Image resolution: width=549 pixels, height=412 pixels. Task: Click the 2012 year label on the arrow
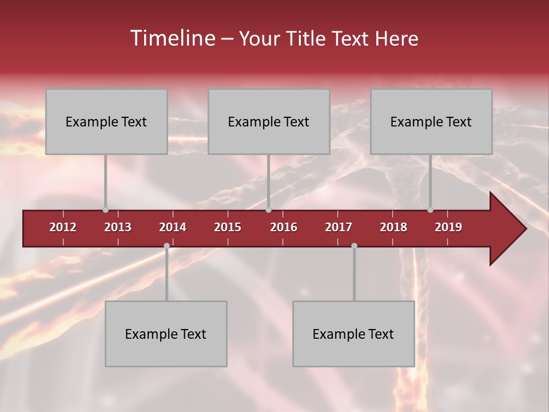click(63, 227)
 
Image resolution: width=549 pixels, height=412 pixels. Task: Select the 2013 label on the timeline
click(118, 227)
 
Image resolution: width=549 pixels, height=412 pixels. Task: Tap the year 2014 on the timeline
click(173, 227)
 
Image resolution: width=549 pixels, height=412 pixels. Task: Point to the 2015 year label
click(228, 227)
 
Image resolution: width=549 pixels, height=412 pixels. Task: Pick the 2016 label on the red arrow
click(284, 227)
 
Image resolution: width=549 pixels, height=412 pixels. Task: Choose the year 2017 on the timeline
click(339, 227)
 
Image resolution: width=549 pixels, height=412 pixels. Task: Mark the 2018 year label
click(393, 227)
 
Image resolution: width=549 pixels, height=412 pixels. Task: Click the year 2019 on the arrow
click(448, 227)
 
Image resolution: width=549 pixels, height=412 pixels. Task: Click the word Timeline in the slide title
click(172, 38)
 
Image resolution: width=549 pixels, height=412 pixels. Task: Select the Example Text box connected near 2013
click(106, 122)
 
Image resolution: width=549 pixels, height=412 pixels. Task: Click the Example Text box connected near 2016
click(269, 122)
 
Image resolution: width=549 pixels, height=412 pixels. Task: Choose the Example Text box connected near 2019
click(431, 122)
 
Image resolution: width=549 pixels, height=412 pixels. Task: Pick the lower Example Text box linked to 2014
click(166, 334)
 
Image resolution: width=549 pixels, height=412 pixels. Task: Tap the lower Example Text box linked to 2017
click(353, 334)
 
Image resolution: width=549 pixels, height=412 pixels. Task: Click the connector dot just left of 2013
click(105, 210)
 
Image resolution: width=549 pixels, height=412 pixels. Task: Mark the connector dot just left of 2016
click(269, 210)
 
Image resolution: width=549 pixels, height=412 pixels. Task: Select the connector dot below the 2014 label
click(166, 246)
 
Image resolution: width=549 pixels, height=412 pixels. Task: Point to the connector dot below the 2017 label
click(354, 246)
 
